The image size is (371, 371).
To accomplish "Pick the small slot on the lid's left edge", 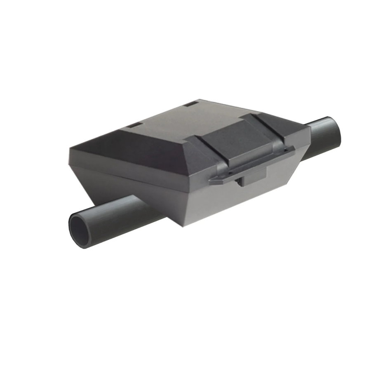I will click(135, 124).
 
